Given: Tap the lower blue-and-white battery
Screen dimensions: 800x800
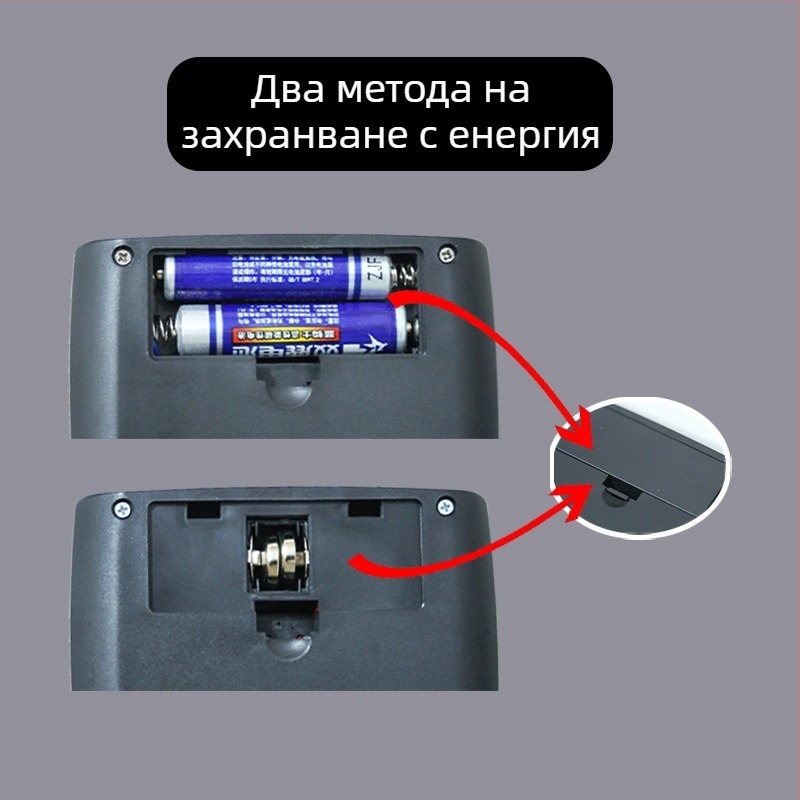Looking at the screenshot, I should point(290,330).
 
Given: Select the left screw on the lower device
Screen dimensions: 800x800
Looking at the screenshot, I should point(122,509).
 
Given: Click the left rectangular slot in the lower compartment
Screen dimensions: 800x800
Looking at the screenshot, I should point(204,509).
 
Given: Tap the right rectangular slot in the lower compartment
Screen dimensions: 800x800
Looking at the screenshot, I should point(363,509).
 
